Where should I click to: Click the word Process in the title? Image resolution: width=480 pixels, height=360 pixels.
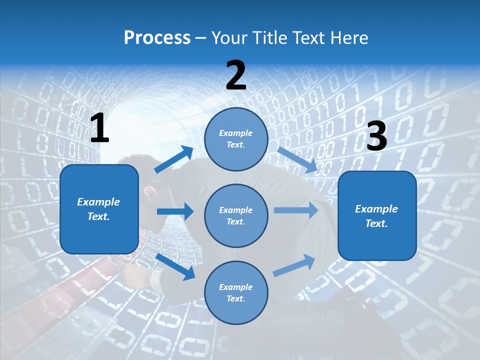point(157,38)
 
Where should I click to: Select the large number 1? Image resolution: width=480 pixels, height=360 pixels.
point(99,129)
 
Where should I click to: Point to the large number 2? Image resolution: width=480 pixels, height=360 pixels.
point(236,75)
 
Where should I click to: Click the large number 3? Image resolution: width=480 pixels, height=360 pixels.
point(376,136)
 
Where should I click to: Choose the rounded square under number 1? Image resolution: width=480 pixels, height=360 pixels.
point(99,209)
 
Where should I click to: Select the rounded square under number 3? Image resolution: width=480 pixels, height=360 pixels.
point(377,216)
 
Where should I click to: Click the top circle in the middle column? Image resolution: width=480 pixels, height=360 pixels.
point(236,139)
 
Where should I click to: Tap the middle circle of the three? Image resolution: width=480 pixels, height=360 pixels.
point(236,215)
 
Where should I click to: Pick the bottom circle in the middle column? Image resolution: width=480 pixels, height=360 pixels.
point(236,292)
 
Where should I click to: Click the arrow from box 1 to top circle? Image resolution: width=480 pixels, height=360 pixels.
point(174,159)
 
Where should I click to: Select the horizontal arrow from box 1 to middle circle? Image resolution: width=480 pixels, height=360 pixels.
point(175,211)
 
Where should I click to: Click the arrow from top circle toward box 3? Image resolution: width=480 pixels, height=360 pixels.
point(297,159)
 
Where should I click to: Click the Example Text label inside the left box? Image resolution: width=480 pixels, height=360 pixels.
point(98,209)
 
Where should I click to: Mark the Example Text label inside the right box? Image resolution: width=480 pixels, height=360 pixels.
point(376,216)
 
